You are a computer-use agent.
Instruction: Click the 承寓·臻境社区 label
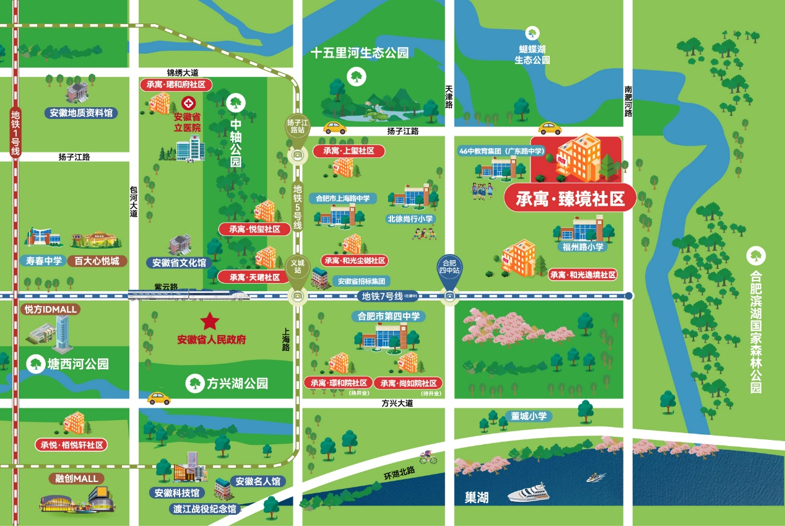[x=570, y=198]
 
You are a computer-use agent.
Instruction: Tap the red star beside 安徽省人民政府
[x=210, y=322]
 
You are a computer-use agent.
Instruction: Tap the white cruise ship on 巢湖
[x=527, y=493]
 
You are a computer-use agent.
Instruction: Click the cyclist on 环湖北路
[x=428, y=458]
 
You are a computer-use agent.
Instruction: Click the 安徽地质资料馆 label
[x=81, y=113]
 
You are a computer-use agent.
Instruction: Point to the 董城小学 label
[x=529, y=416]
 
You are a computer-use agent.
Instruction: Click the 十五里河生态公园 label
[x=360, y=53]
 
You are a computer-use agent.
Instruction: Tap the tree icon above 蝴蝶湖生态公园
[x=532, y=32]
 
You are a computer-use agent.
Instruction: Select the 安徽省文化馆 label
[x=179, y=263]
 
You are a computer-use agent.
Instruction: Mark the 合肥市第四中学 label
[x=388, y=316]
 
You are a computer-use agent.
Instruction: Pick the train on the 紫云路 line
[x=189, y=295]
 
